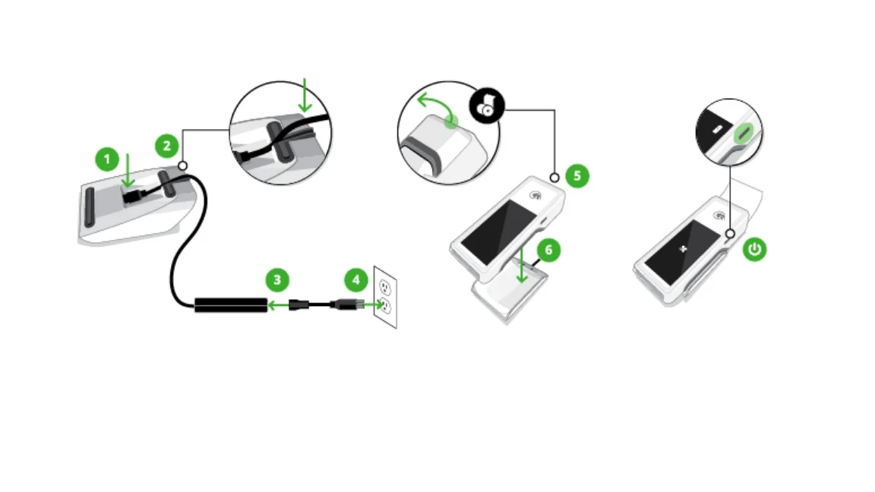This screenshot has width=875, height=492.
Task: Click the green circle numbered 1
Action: click(x=107, y=159)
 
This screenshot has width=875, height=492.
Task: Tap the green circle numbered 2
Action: click(x=167, y=144)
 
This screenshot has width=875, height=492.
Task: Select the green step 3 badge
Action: click(x=277, y=280)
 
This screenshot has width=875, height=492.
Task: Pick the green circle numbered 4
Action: click(x=355, y=280)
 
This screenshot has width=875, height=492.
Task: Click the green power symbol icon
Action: click(x=754, y=250)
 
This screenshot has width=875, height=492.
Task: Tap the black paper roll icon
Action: click(x=482, y=107)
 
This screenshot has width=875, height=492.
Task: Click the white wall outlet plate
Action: click(x=385, y=297)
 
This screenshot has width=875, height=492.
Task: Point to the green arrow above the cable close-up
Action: click(x=306, y=96)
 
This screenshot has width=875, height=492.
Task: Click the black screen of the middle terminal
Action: click(x=500, y=229)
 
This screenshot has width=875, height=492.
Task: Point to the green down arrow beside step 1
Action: click(x=128, y=170)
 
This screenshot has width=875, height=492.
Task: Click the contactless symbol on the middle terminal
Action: click(x=537, y=194)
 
